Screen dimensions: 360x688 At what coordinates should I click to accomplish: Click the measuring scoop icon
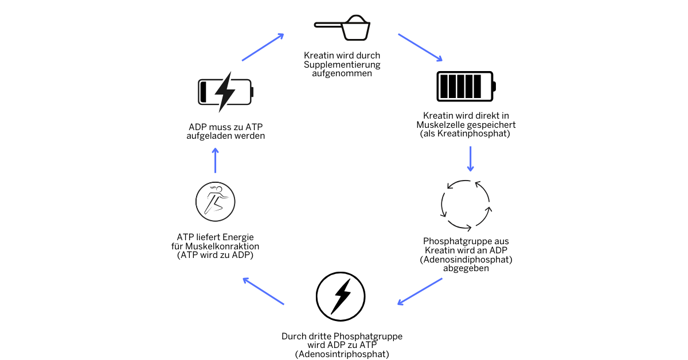[343, 28]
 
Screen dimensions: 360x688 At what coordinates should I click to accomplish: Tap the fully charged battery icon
[466, 87]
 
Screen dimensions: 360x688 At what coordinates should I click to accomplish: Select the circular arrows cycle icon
[466, 204]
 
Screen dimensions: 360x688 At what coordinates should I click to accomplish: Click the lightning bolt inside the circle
[342, 296]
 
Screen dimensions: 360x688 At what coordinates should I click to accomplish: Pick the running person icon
[216, 201]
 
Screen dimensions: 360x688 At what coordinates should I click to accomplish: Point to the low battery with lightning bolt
[225, 92]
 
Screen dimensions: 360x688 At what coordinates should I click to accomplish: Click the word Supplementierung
[342, 64]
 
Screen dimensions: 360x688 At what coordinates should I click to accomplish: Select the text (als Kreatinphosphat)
[465, 134]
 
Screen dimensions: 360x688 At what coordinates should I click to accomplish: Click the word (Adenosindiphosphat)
[466, 259]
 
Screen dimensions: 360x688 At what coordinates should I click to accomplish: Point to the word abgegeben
[466, 268]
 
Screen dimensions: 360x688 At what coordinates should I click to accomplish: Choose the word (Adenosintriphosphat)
[342, 354]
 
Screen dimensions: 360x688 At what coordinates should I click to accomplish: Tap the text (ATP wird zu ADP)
[216, 255]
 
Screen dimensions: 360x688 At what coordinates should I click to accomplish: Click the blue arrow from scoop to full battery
[420, 47]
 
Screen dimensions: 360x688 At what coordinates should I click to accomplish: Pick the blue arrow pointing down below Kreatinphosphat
[470, 159]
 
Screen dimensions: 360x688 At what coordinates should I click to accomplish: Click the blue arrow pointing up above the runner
[216, 160]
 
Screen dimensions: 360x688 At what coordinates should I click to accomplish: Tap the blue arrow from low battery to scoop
[263, 47]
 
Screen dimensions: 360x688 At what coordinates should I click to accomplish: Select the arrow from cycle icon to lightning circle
[420, 291]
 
